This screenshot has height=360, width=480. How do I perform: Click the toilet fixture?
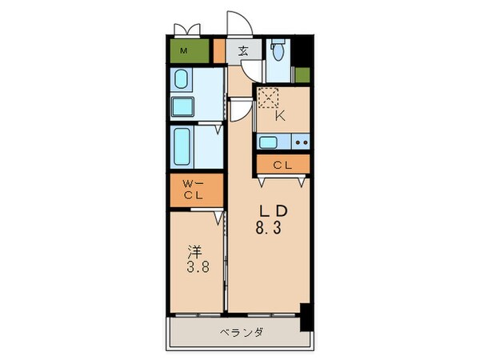click(x=278, y=52)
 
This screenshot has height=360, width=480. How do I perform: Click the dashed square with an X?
click(x=269, y=99)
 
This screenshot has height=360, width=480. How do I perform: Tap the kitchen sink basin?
click(x=268, y=143)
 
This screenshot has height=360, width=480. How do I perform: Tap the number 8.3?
click(x=270, y=227)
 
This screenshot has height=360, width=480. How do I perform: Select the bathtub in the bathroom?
click(x=182, y=146)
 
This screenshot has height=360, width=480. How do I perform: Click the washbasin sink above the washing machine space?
click(x=182, y=80)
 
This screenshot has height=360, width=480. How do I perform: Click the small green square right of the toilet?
click(x=302, y=75)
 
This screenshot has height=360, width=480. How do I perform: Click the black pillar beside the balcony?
click(x=305, y=318)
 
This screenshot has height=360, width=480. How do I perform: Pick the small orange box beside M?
click(x=219, y=51)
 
